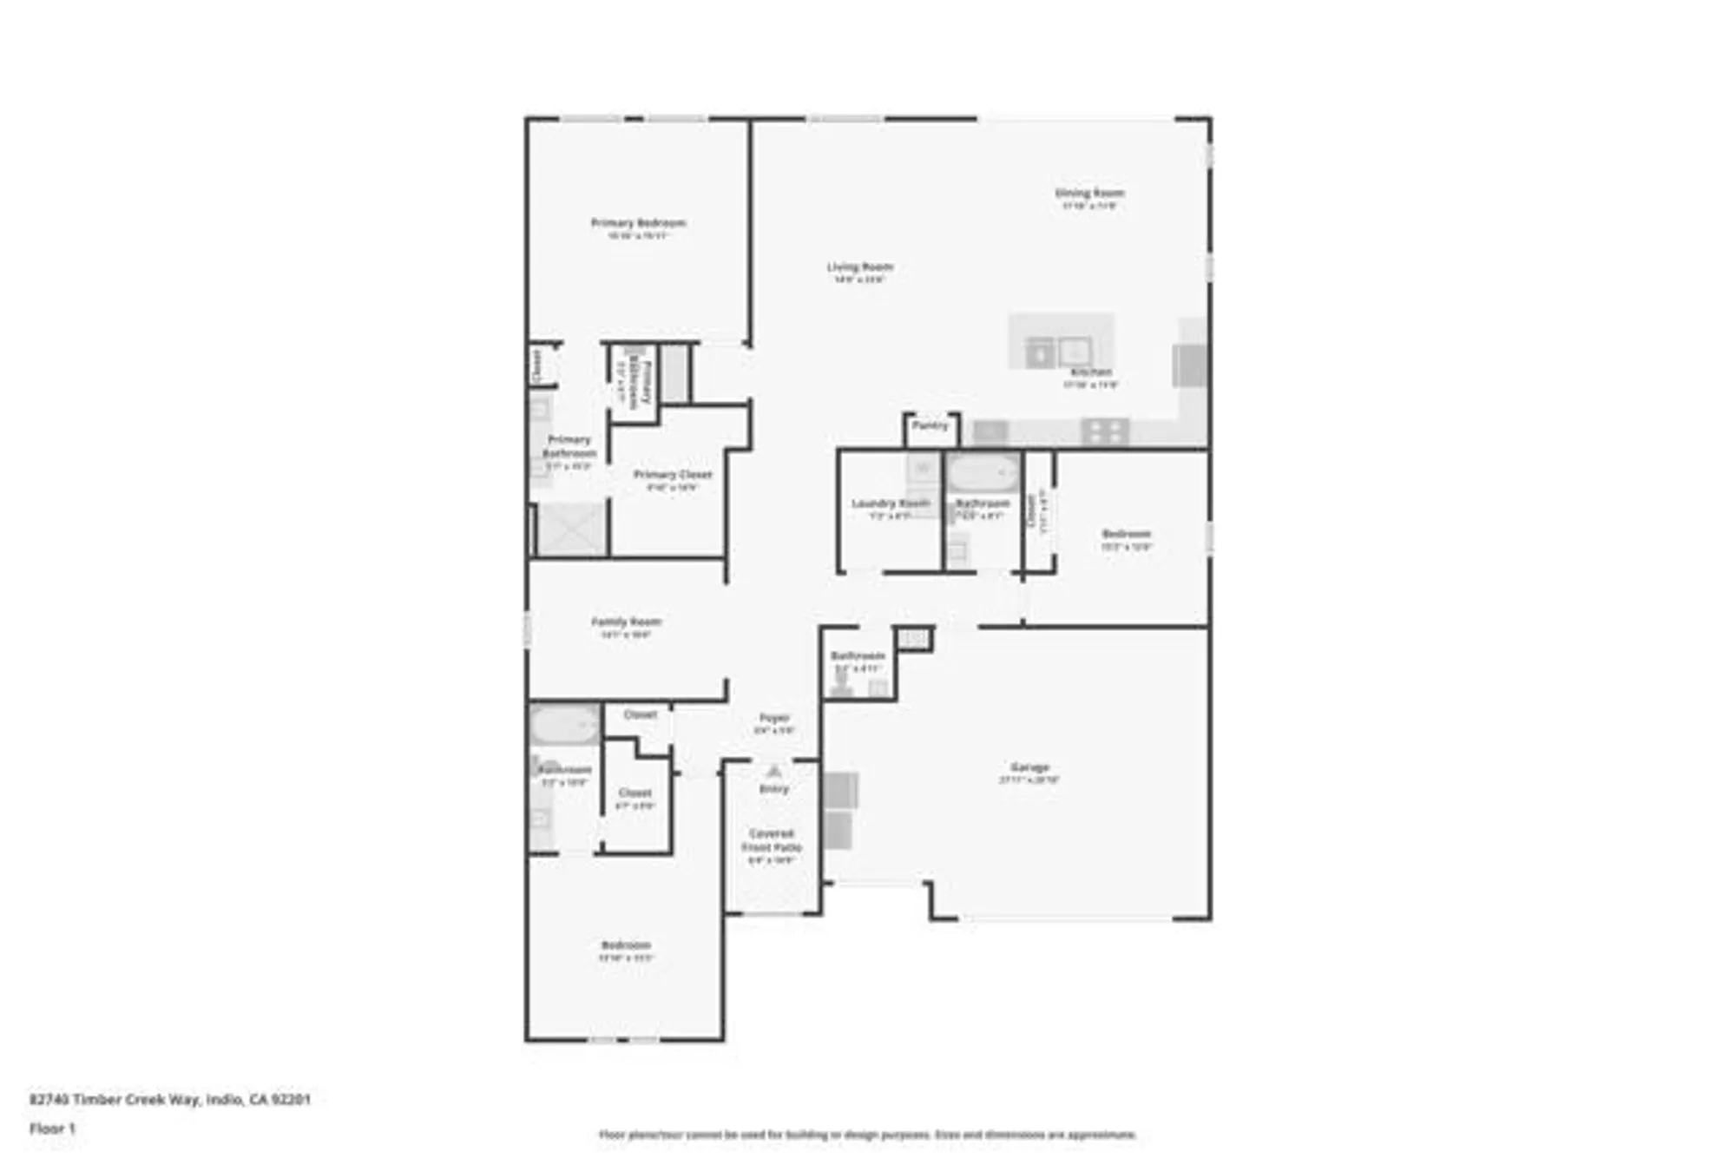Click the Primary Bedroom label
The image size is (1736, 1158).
pyautogui.click(x=638, y=223)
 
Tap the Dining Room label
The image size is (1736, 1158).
pyautogui.click(x=1089, y=194)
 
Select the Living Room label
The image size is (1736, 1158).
pyautogui.click(x=859, y=267)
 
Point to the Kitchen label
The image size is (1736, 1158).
pyautogui.click(x=1091, y=372)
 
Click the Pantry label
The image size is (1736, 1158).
pyautogui.click(x=930, y=425)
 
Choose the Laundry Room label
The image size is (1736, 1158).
pyautogui.click(x=890, y=503)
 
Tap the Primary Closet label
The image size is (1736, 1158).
pyautogui.click(x=672, y=475)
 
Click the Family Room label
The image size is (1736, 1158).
pyautogui.click(x=626, y=622)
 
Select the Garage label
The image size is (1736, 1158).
pyautogui.click(x=1029, y=767)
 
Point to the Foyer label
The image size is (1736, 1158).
pyautogui.click(x=773, y=718)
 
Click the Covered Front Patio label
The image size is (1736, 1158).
pyautogui.click(x=772, y=840)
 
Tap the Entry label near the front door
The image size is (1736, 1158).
pyautogui.click(x=773, y=789)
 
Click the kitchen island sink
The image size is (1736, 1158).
pyautogui.click(x=1073, y=352)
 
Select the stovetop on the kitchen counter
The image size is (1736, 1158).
pyautogui.click(x=1104, y=431)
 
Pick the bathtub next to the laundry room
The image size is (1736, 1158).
pyautogui.click(x=982, y=473)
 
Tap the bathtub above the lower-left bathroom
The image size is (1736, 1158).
pyautogui.click(x=563, y=725)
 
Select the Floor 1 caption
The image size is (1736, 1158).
pyautogui.click(x=52, y=1128)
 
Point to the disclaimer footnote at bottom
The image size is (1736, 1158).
pyautogui.click(x=867, y=1135)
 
